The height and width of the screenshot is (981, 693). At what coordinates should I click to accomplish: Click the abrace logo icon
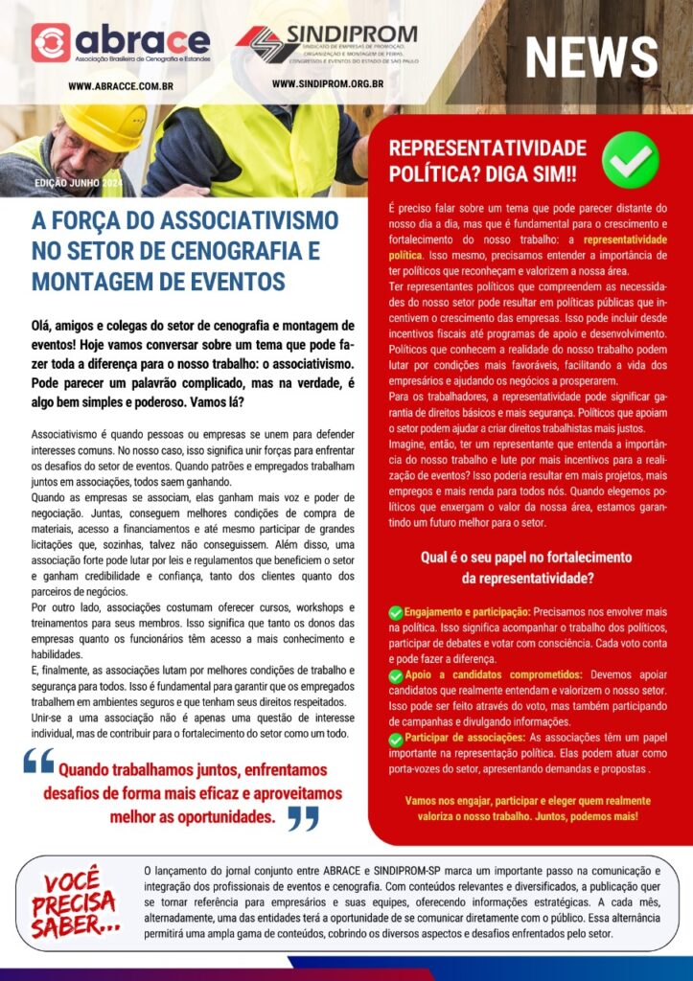pos(51,42)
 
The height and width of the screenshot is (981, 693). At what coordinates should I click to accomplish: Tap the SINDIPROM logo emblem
pos(254,44)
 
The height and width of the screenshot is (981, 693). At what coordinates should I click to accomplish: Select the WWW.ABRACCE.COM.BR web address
pos(121,86)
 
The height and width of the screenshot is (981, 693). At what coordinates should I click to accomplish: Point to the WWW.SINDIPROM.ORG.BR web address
pos(328,84)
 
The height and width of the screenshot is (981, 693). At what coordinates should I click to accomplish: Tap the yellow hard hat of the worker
pos(102,125)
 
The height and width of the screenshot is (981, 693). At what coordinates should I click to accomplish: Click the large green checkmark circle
pos(630,160)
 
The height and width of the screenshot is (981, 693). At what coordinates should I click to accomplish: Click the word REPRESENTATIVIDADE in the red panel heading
pos(487,148)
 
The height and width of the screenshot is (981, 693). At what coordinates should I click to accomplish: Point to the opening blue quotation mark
pos(39,762)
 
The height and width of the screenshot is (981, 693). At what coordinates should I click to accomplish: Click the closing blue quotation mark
pos(303,817)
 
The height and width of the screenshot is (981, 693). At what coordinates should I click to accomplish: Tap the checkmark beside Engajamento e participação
pos(396,612)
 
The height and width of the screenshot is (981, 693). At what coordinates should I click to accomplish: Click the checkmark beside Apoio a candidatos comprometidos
pos(396,676)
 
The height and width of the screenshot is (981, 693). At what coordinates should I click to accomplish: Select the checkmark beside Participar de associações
pos(396,740)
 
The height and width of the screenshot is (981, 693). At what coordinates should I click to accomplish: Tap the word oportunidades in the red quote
pos(219,817)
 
